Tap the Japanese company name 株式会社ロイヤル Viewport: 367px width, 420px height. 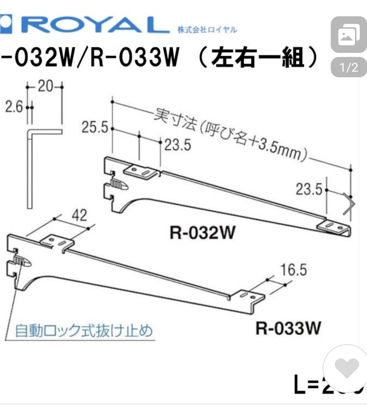207,30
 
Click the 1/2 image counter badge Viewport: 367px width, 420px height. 349,68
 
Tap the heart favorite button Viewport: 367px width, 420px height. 347,367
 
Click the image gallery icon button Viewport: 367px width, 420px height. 349,35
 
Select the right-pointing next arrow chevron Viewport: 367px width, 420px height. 349,204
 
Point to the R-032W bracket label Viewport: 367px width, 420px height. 202,233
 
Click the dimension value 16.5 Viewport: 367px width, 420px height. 293,270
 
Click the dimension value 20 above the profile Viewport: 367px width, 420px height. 45,87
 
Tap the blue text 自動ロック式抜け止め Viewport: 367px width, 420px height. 84,330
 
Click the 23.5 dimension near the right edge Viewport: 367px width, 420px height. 309,190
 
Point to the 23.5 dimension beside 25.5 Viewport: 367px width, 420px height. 177,145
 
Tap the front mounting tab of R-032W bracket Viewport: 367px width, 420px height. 139,171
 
